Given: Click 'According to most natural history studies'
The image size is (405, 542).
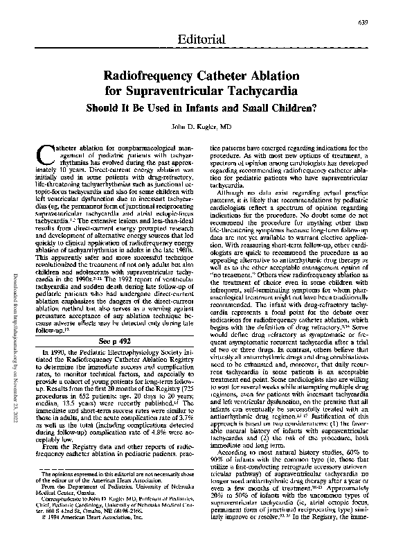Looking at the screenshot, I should pos(269,461).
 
